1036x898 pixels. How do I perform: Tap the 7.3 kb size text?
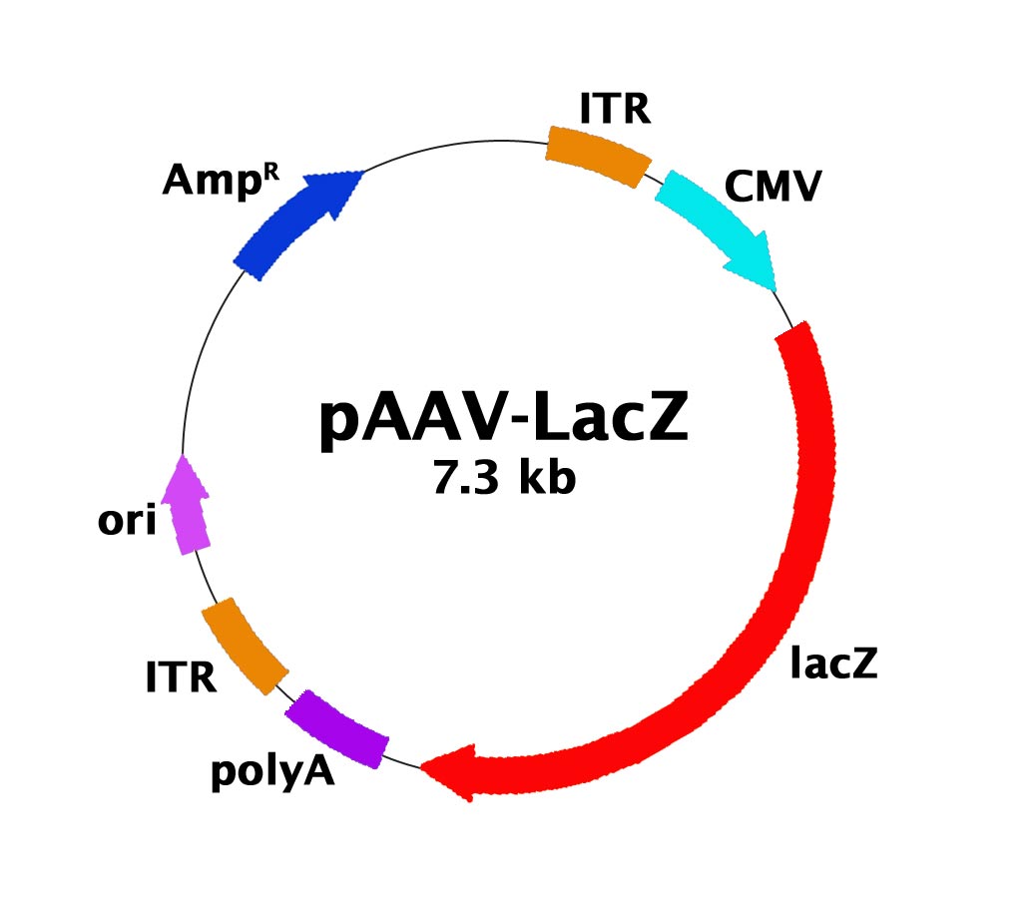(504, 480)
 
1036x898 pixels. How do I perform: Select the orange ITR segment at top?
(598, 155)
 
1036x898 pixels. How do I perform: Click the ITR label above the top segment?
(614, 109)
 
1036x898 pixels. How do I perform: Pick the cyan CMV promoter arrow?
(711, 224)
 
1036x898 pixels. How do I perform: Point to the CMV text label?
(773, 187)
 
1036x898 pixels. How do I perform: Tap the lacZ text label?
(833, 664)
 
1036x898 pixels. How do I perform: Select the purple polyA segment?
(337, 729)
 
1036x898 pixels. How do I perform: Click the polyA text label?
(271, 772)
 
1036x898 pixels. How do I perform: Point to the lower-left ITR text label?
(181, 679)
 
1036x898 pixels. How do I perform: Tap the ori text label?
(127, 522)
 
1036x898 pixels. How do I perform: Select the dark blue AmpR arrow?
(289, 224)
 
